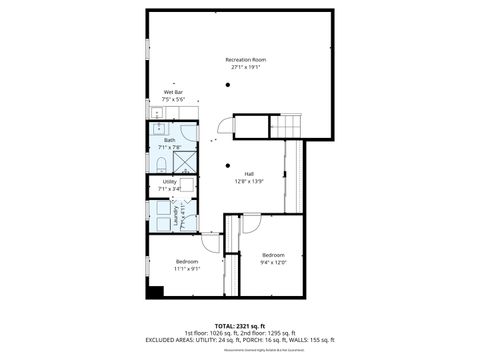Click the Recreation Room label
point(245,60)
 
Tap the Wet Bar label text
point(172,92)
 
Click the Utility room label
point(169,181)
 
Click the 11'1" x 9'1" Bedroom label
point(187,264)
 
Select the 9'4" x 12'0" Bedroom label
point(273,255)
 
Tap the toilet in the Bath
point(160,163)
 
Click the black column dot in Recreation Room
point(228,86)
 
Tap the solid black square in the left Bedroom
point(154,292)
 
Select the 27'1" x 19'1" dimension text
point(245,68)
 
